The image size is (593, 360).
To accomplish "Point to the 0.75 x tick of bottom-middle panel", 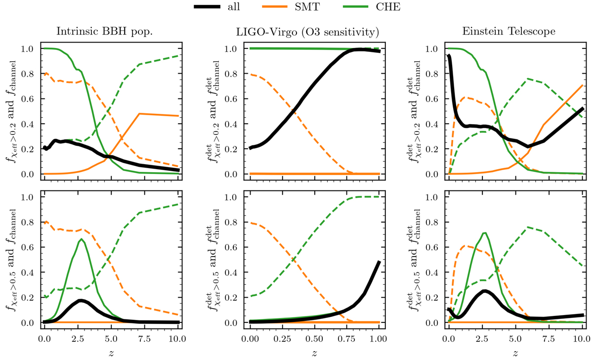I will coord(346,339).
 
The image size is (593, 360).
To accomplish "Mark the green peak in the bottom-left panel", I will coord(81,240).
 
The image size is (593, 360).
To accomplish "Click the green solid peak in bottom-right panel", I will coord(485,233).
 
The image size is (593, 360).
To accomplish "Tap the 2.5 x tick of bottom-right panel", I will coord(482,339).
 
